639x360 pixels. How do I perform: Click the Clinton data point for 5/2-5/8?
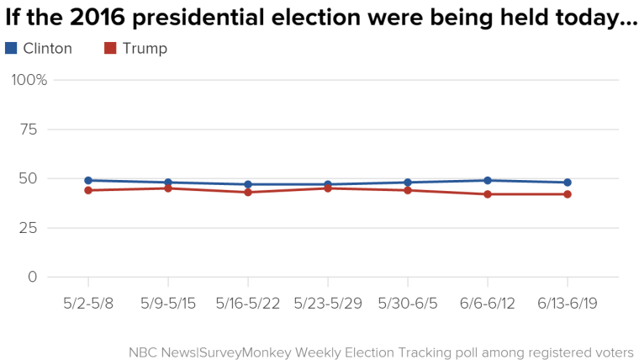point(87,180)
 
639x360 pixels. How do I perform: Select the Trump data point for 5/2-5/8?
point(87,190)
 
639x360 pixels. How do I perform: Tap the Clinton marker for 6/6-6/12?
point(488,180)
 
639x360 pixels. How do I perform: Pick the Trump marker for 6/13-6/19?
point(568,194)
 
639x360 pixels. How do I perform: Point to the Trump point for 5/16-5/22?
point(248,193)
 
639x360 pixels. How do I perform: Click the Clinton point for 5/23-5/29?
point(328,184)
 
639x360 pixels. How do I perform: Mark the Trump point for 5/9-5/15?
point(168,188)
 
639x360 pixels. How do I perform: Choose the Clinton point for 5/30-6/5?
point(408,183)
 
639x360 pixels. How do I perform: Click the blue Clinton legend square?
point(11,49)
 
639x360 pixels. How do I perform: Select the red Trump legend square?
point(110,49)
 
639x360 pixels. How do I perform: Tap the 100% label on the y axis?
point(29,80)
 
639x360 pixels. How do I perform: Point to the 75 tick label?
point(29,129)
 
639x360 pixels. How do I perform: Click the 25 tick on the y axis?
point(29,228)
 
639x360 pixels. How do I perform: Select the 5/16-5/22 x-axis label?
point(248,304)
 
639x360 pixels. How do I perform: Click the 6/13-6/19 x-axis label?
point(568,304)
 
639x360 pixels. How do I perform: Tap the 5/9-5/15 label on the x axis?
point(168,304)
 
